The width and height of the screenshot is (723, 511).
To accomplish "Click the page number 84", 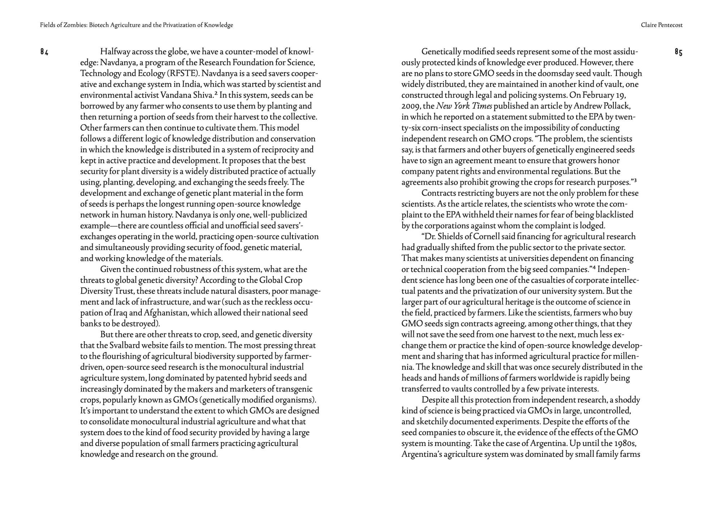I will coord(44,52).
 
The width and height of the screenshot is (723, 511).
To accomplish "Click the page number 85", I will coord(678,52).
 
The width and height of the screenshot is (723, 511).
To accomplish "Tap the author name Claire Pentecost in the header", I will coord(662,25).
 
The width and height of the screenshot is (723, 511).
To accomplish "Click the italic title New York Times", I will coord(464,106).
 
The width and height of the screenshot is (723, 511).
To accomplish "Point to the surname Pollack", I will coord(617,106).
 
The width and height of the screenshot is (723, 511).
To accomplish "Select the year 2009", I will coord(410,106).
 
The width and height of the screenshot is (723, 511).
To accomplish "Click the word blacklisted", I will coord(614,215).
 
